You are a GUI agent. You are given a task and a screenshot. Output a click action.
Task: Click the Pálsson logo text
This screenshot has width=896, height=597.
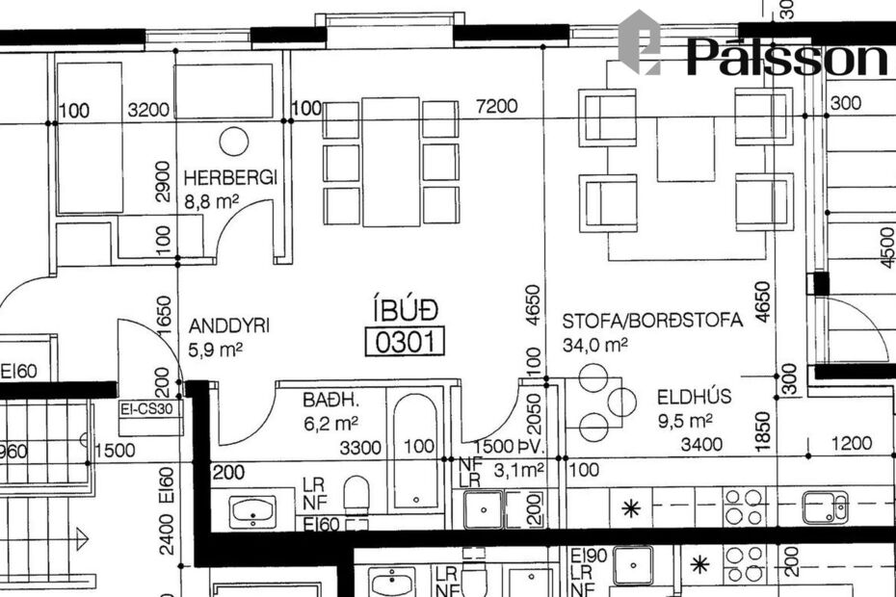785,58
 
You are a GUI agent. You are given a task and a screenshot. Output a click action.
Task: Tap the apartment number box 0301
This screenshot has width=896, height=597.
405,341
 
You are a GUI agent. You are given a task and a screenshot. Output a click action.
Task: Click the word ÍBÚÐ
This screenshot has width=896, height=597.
406,310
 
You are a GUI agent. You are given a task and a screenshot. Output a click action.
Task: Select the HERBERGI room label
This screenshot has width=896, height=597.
229,178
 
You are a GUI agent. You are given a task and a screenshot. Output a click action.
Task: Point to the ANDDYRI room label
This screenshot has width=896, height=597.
229,325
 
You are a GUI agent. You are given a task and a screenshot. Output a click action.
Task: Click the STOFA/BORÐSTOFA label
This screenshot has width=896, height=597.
652,321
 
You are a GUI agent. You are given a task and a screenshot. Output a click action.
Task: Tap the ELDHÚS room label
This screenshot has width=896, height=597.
695,396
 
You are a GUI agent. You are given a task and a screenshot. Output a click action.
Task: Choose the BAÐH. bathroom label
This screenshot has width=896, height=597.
329,399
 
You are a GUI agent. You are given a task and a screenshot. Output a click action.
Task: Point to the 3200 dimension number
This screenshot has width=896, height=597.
148,110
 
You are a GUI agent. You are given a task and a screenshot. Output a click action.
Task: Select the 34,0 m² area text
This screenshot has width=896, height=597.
595,344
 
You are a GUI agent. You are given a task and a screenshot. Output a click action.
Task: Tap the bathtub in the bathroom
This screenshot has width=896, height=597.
415,450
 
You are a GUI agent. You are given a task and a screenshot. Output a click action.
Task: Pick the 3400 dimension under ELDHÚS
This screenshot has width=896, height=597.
700,444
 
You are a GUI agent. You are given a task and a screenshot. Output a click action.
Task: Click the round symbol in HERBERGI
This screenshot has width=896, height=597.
233,142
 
